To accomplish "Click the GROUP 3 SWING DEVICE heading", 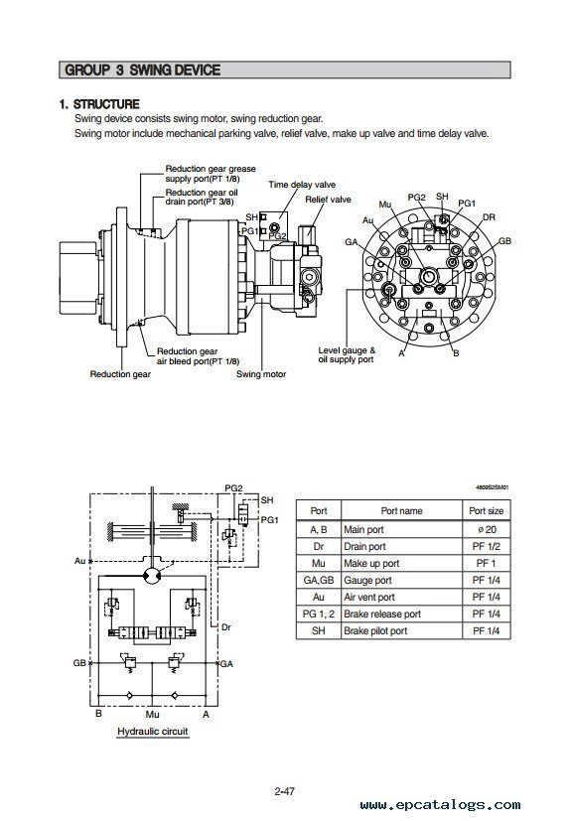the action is tap(142, 70).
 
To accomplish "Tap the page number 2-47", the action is tap(284, 791).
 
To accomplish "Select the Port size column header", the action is tap(487, 510).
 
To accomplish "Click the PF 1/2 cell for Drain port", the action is tap(487, 546).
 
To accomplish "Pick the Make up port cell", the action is tap(371, 564).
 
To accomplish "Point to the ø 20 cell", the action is tap(487, 529).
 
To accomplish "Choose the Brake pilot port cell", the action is tap(375, 631).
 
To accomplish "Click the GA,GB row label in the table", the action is tap(319, 580).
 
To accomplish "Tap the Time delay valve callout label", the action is tap(302, 185).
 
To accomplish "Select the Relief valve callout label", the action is tap(328, 200).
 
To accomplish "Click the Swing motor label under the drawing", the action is tap(261, 374).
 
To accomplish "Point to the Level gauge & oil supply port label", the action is tap(347, 355).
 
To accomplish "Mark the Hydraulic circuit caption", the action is tap(153, 732).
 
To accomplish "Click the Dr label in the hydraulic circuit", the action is tap(226, 626).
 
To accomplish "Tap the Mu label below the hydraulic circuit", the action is tap(153, 714).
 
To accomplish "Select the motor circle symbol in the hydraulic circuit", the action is tap(152, 575).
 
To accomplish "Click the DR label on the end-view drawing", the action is tap(489, 217).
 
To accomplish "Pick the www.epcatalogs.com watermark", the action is tap(441, 805).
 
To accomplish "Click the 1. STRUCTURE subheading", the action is tap(99, 104).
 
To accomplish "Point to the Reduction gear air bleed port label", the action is tap(198, 356).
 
